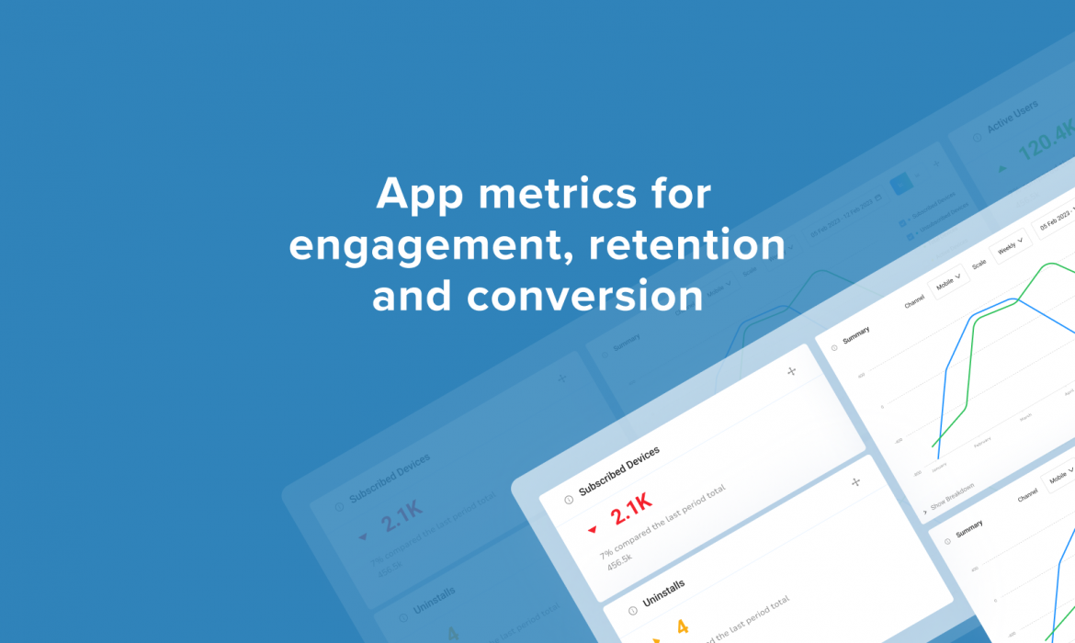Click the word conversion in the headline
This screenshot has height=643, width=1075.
pos(537,297)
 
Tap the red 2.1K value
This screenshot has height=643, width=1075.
pos(631,509)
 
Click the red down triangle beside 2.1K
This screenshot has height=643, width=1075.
pos(593,529)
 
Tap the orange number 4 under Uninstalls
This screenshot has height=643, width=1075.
pos(682,627)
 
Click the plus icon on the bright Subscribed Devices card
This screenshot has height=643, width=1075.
pos(792,371)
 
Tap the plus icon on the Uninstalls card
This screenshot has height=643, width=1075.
pos(855,481)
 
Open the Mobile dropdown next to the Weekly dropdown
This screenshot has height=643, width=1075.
pos(946,281)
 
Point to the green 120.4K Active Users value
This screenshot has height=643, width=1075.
pos(1047,141)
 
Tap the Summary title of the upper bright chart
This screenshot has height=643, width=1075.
pos(855,335)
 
